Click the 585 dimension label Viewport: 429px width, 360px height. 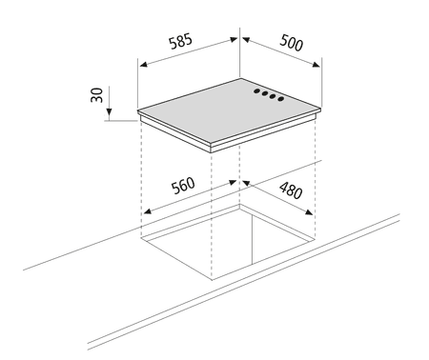click(180, 41)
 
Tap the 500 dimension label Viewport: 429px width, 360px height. click(292, 43)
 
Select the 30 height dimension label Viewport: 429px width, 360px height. click(97, 95)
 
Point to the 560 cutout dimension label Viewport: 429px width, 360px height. click(183, 186)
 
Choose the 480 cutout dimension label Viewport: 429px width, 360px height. click(291, 190)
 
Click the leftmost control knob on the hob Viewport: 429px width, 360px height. click(256, 91)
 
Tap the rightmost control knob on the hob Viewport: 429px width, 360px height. click(280, 99)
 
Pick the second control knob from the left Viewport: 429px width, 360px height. click(265, 93)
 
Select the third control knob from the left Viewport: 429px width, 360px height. click(273, 96)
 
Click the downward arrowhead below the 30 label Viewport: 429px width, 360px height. click(109, 112)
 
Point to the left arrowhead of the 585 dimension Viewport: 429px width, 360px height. click(144, 64)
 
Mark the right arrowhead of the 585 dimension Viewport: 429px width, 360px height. click(234, 39)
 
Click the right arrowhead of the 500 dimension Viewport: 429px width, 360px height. click(317, 65)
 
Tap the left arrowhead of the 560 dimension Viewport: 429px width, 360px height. click(147, 211)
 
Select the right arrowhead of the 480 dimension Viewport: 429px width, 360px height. click(309, 211)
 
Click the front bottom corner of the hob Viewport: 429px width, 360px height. click(211, 152)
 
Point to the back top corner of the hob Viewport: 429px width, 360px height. click(240, 78)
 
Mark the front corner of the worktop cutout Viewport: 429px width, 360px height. click(212, 280)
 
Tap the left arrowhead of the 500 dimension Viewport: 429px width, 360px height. click(246, 40)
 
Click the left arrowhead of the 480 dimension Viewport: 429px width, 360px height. click(246, 184)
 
